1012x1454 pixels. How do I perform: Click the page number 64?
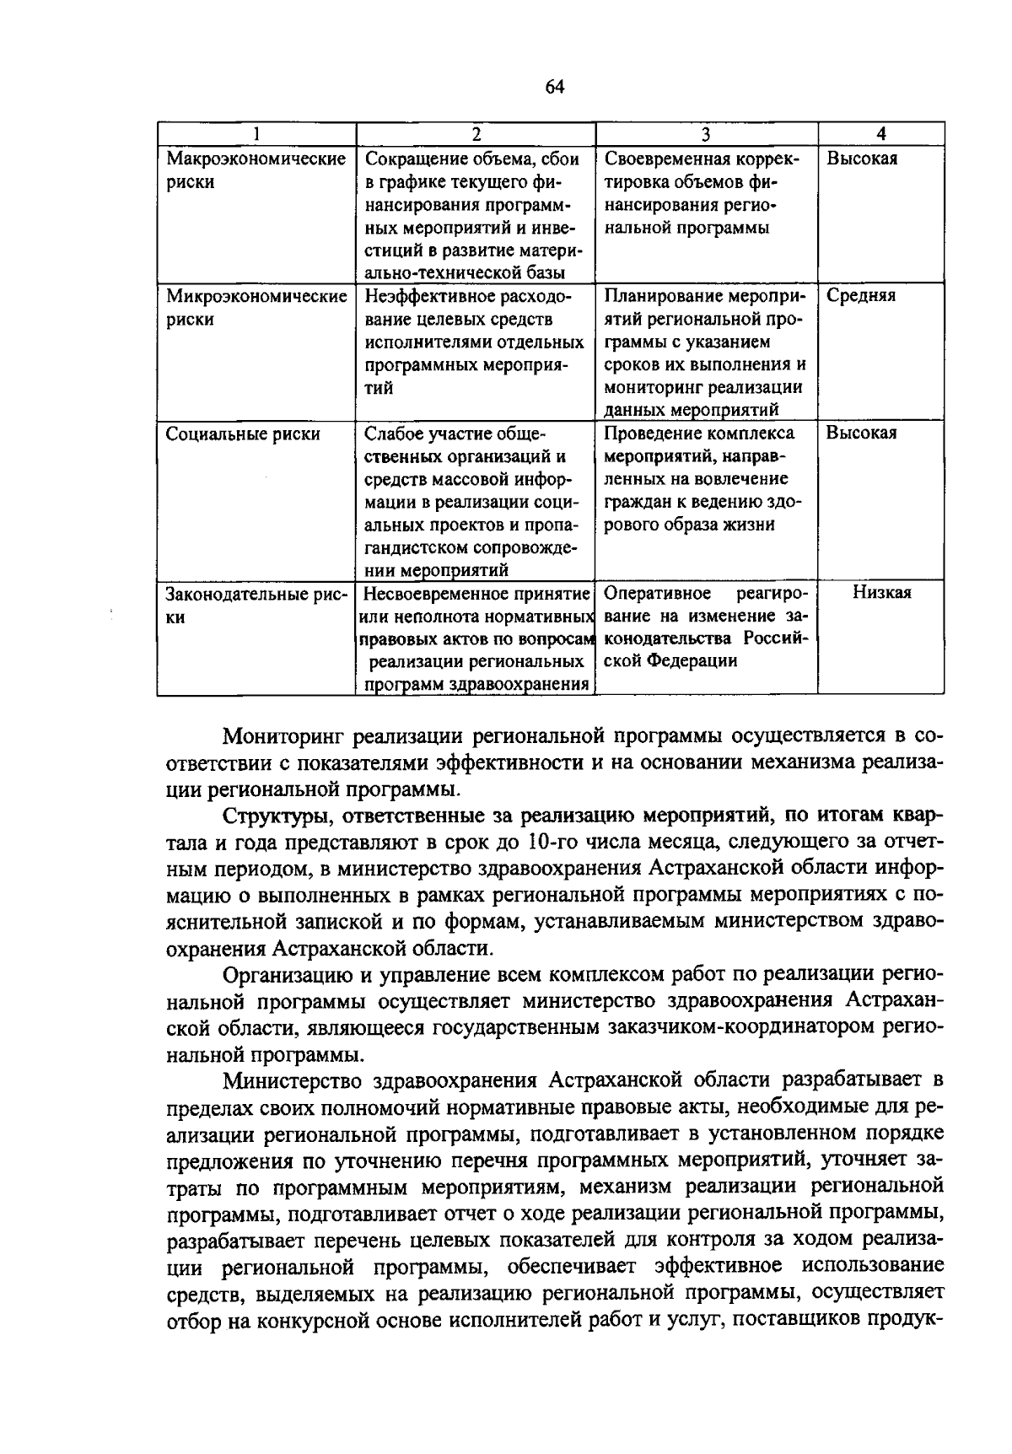[x=554, y=87]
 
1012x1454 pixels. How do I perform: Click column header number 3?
[x=706, y=134]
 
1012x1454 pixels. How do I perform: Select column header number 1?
[x=256, y=134]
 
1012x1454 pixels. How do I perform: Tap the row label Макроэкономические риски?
[x=256, y=170]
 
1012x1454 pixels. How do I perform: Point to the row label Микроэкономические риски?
[x=256, y=307]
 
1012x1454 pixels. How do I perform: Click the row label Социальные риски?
[x=243, y=434]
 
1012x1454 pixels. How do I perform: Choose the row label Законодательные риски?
[x=256, y=605]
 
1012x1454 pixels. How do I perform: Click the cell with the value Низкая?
[x=880, y=593]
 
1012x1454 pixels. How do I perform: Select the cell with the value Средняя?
[x=860, y=296]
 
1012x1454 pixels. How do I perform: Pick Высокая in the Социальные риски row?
[x=861, y=434]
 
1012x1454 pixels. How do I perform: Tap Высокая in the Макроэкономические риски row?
[x=861, y=159]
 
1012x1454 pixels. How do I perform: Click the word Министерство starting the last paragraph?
[x=290, y=1080]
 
